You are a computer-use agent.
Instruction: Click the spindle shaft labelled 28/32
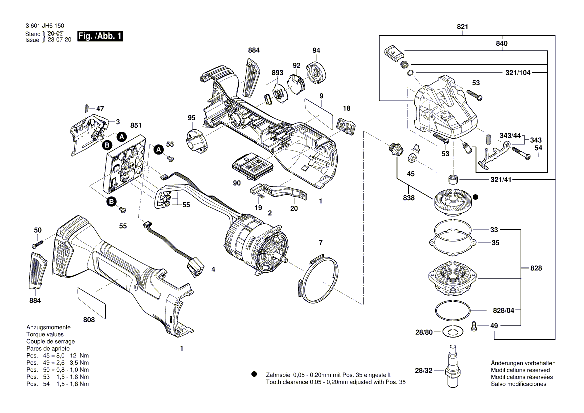(453, 364)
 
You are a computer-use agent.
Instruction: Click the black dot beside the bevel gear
(476, 197)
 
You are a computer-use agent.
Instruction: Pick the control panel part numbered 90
(252, 164)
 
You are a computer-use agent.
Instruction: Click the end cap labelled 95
(196, 140)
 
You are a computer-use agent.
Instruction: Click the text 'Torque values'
(45, 334)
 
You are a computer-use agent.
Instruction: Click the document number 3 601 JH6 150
(44, 26)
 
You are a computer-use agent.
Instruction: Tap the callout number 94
(316, 51)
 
